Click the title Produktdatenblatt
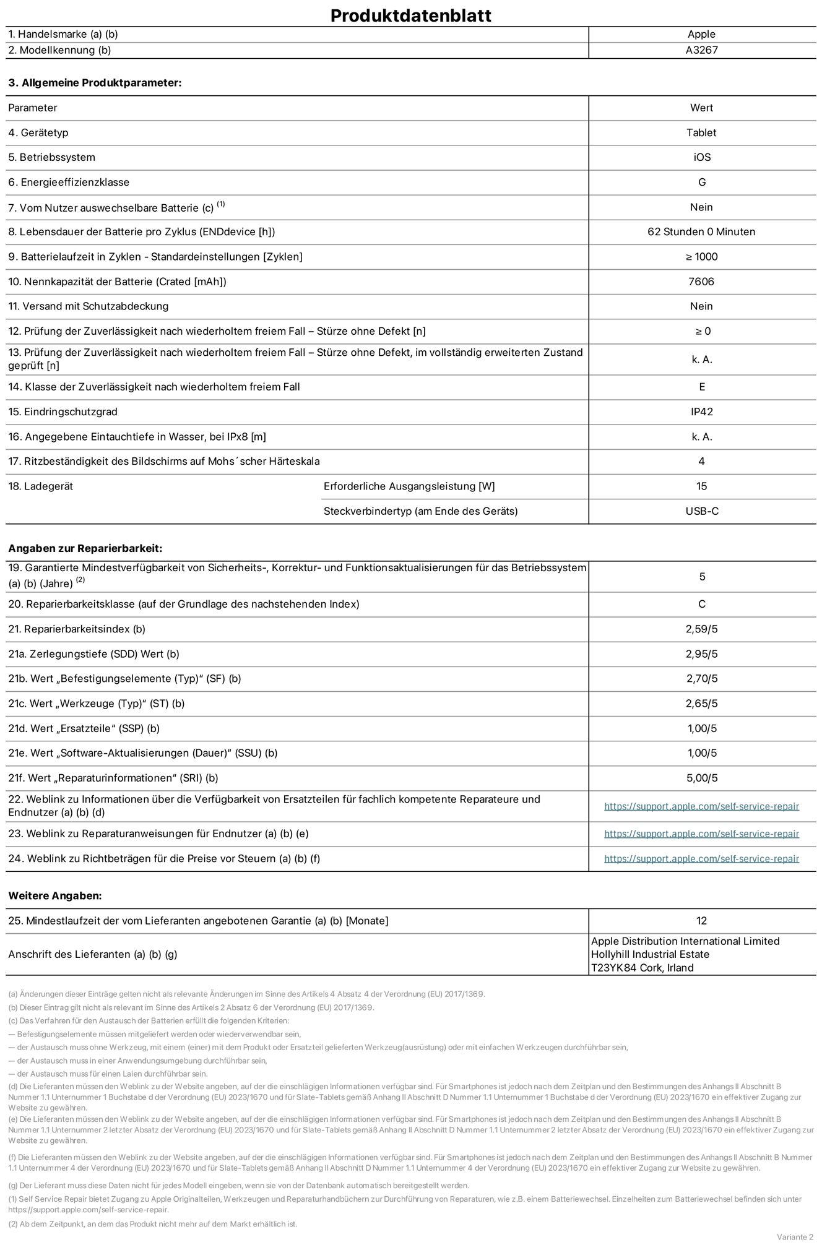(x=410, y=15)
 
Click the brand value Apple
(x=701, y=35)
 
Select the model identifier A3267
(x=701, y=50)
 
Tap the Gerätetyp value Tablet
(x=701, y=132)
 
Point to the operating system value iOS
(x=701, y=157)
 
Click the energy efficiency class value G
(x=701, y=182)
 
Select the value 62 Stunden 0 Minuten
(x=701, y=231)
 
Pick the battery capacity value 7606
(x=701, y=282)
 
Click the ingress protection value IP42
(x=701, y=412)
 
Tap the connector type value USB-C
(x=701, y=511)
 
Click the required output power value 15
(x=701, y=486)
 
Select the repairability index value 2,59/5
(x=701, y=629)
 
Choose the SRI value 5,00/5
(x=701, y=778)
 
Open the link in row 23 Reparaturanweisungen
(x=701, y=834)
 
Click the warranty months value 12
(x=701, y=921)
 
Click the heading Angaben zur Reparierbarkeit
(x=85, y=548)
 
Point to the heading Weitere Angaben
(x=54, y=895)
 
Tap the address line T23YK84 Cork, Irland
(x=642, y=968)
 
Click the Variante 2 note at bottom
(x=795, y=1237)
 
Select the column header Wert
(x=701, y=108)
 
